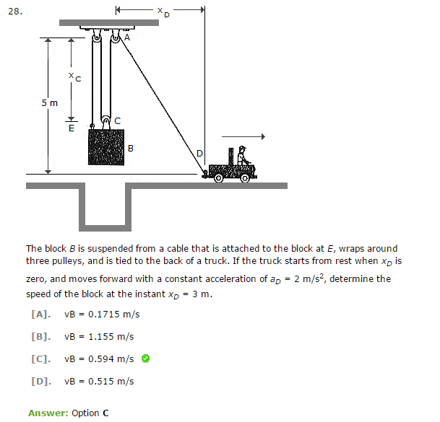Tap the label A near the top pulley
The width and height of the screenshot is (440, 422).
click(127, 36)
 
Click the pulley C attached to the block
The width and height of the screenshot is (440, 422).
click(105, 122)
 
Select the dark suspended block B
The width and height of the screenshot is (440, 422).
click(105, 151)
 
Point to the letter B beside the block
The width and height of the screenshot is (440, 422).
click(130, 148)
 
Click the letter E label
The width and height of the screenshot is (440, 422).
click(71, 129)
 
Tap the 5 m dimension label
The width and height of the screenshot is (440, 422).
click(48, 102)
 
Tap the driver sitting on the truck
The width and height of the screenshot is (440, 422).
click(242, 157)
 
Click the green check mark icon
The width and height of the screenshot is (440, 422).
click(145, 359)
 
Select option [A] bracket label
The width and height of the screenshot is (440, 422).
click(40, 315)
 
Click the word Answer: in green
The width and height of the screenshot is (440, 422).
click(48, 413)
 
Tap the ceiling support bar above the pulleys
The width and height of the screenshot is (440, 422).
click(108, 23)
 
